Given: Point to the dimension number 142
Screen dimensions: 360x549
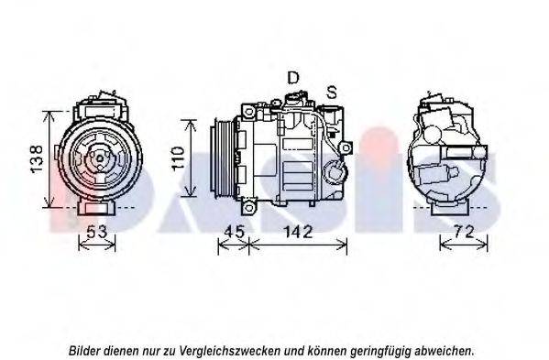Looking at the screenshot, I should (296, 232).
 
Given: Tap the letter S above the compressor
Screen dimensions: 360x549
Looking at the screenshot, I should (332, 92).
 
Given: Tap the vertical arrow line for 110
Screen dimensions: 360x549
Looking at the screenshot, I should (190, 159).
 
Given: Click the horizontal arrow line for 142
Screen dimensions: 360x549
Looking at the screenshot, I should (298, 244).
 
